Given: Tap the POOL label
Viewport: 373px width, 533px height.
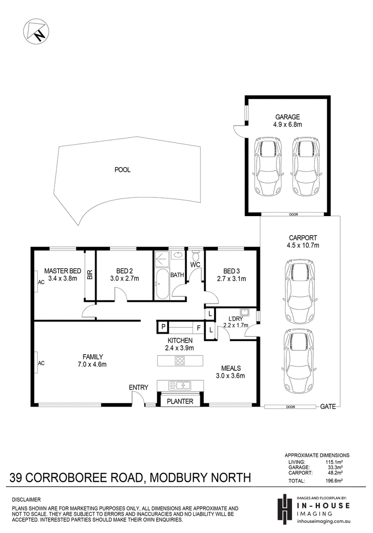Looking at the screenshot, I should [123, 170].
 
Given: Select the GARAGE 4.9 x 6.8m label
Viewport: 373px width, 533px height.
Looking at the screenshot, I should [287, 121].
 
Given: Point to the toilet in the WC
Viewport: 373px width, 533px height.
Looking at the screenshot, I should [196, 256].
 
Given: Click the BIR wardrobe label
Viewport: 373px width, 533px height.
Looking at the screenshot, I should [90, 276].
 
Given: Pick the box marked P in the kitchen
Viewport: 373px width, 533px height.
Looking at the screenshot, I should [164, 327].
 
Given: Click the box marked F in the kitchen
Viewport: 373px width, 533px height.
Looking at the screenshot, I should [198, 328].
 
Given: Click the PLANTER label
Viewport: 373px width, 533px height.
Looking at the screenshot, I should [180, 400].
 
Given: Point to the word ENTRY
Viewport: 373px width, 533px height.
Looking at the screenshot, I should [138, 387].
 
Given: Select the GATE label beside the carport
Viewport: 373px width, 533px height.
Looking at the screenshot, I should [328, 407].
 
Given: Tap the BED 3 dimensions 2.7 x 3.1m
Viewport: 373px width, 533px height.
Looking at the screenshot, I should [231, 279].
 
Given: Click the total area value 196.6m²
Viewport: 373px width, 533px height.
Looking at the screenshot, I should [334, 481].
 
